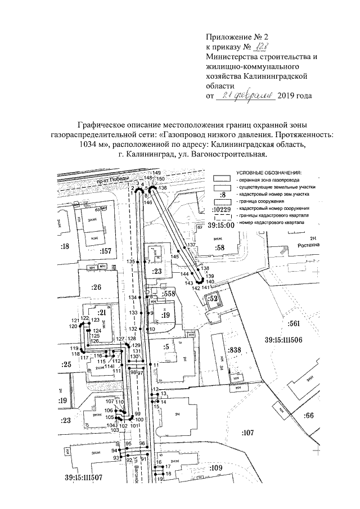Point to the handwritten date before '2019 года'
249,96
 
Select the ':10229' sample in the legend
222,211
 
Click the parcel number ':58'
219,247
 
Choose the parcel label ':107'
247,432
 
